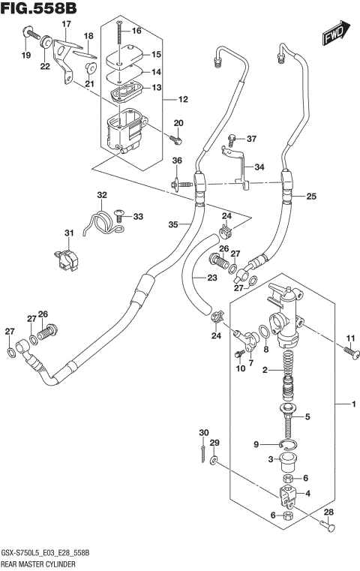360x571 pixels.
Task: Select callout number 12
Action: click(x=183, y=99)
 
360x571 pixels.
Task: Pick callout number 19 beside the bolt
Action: click(x=25, y=55)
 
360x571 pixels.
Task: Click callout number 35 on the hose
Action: click(x=172, y=224)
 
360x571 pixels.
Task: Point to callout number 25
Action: click(x=310, y=197)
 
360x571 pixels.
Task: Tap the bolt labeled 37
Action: click(x=232, y=139)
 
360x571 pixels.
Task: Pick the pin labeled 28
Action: click(x=326, y=528)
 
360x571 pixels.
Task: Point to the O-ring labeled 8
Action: click(x=264, y=331)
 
